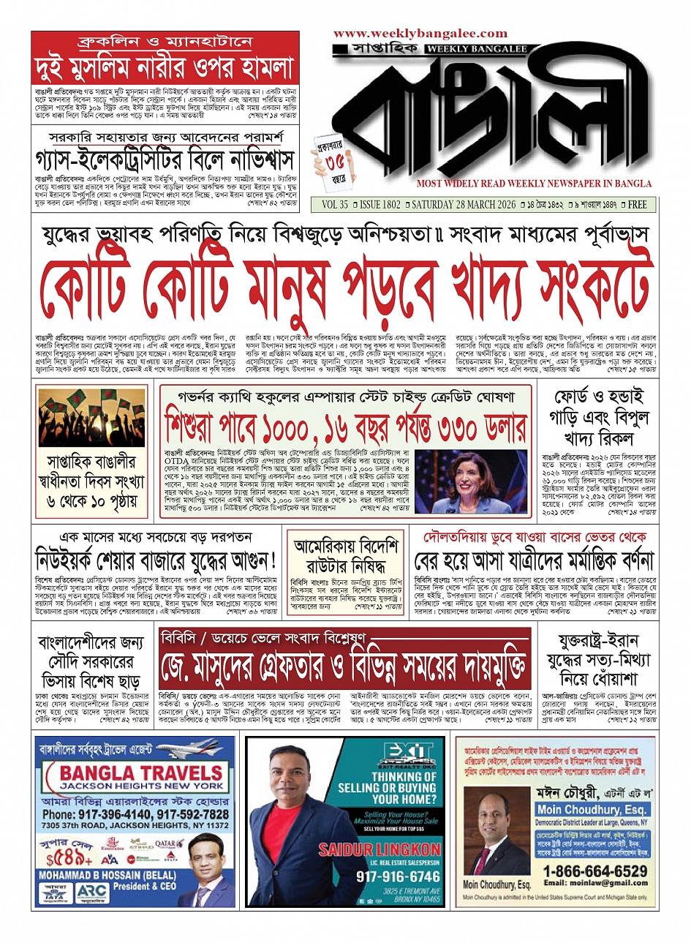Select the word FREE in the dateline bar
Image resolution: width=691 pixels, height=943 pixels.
637,205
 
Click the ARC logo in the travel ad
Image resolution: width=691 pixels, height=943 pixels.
92,893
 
